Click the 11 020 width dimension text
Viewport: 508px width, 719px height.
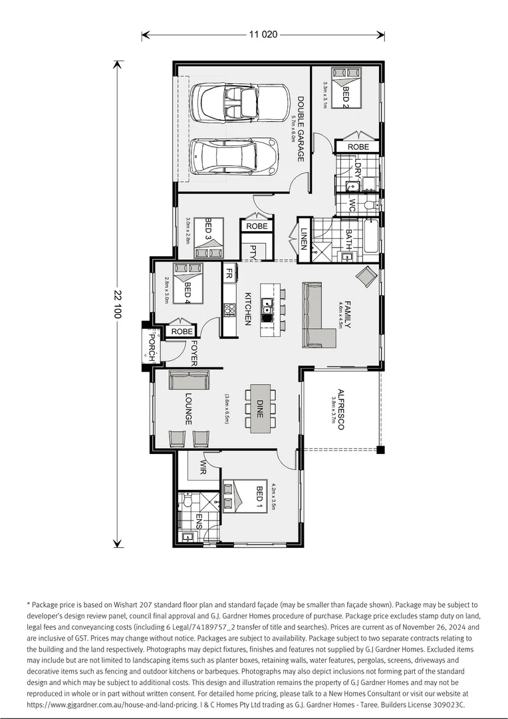coord(263,35)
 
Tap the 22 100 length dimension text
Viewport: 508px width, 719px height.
coord(118,304)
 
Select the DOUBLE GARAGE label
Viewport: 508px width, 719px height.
coord(301,129)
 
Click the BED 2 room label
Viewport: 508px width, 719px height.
coord(345,97)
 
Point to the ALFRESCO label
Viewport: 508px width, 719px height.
coord(340,409)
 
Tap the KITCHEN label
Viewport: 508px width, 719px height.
coord(247,308)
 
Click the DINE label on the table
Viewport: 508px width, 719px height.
coord(261,409)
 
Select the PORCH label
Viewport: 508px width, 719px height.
coord(152,347)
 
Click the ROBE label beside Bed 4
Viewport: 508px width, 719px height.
coord(182,332)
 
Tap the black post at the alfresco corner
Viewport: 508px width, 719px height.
coord(380,451)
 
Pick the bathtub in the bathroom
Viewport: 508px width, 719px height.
coord(369,236)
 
